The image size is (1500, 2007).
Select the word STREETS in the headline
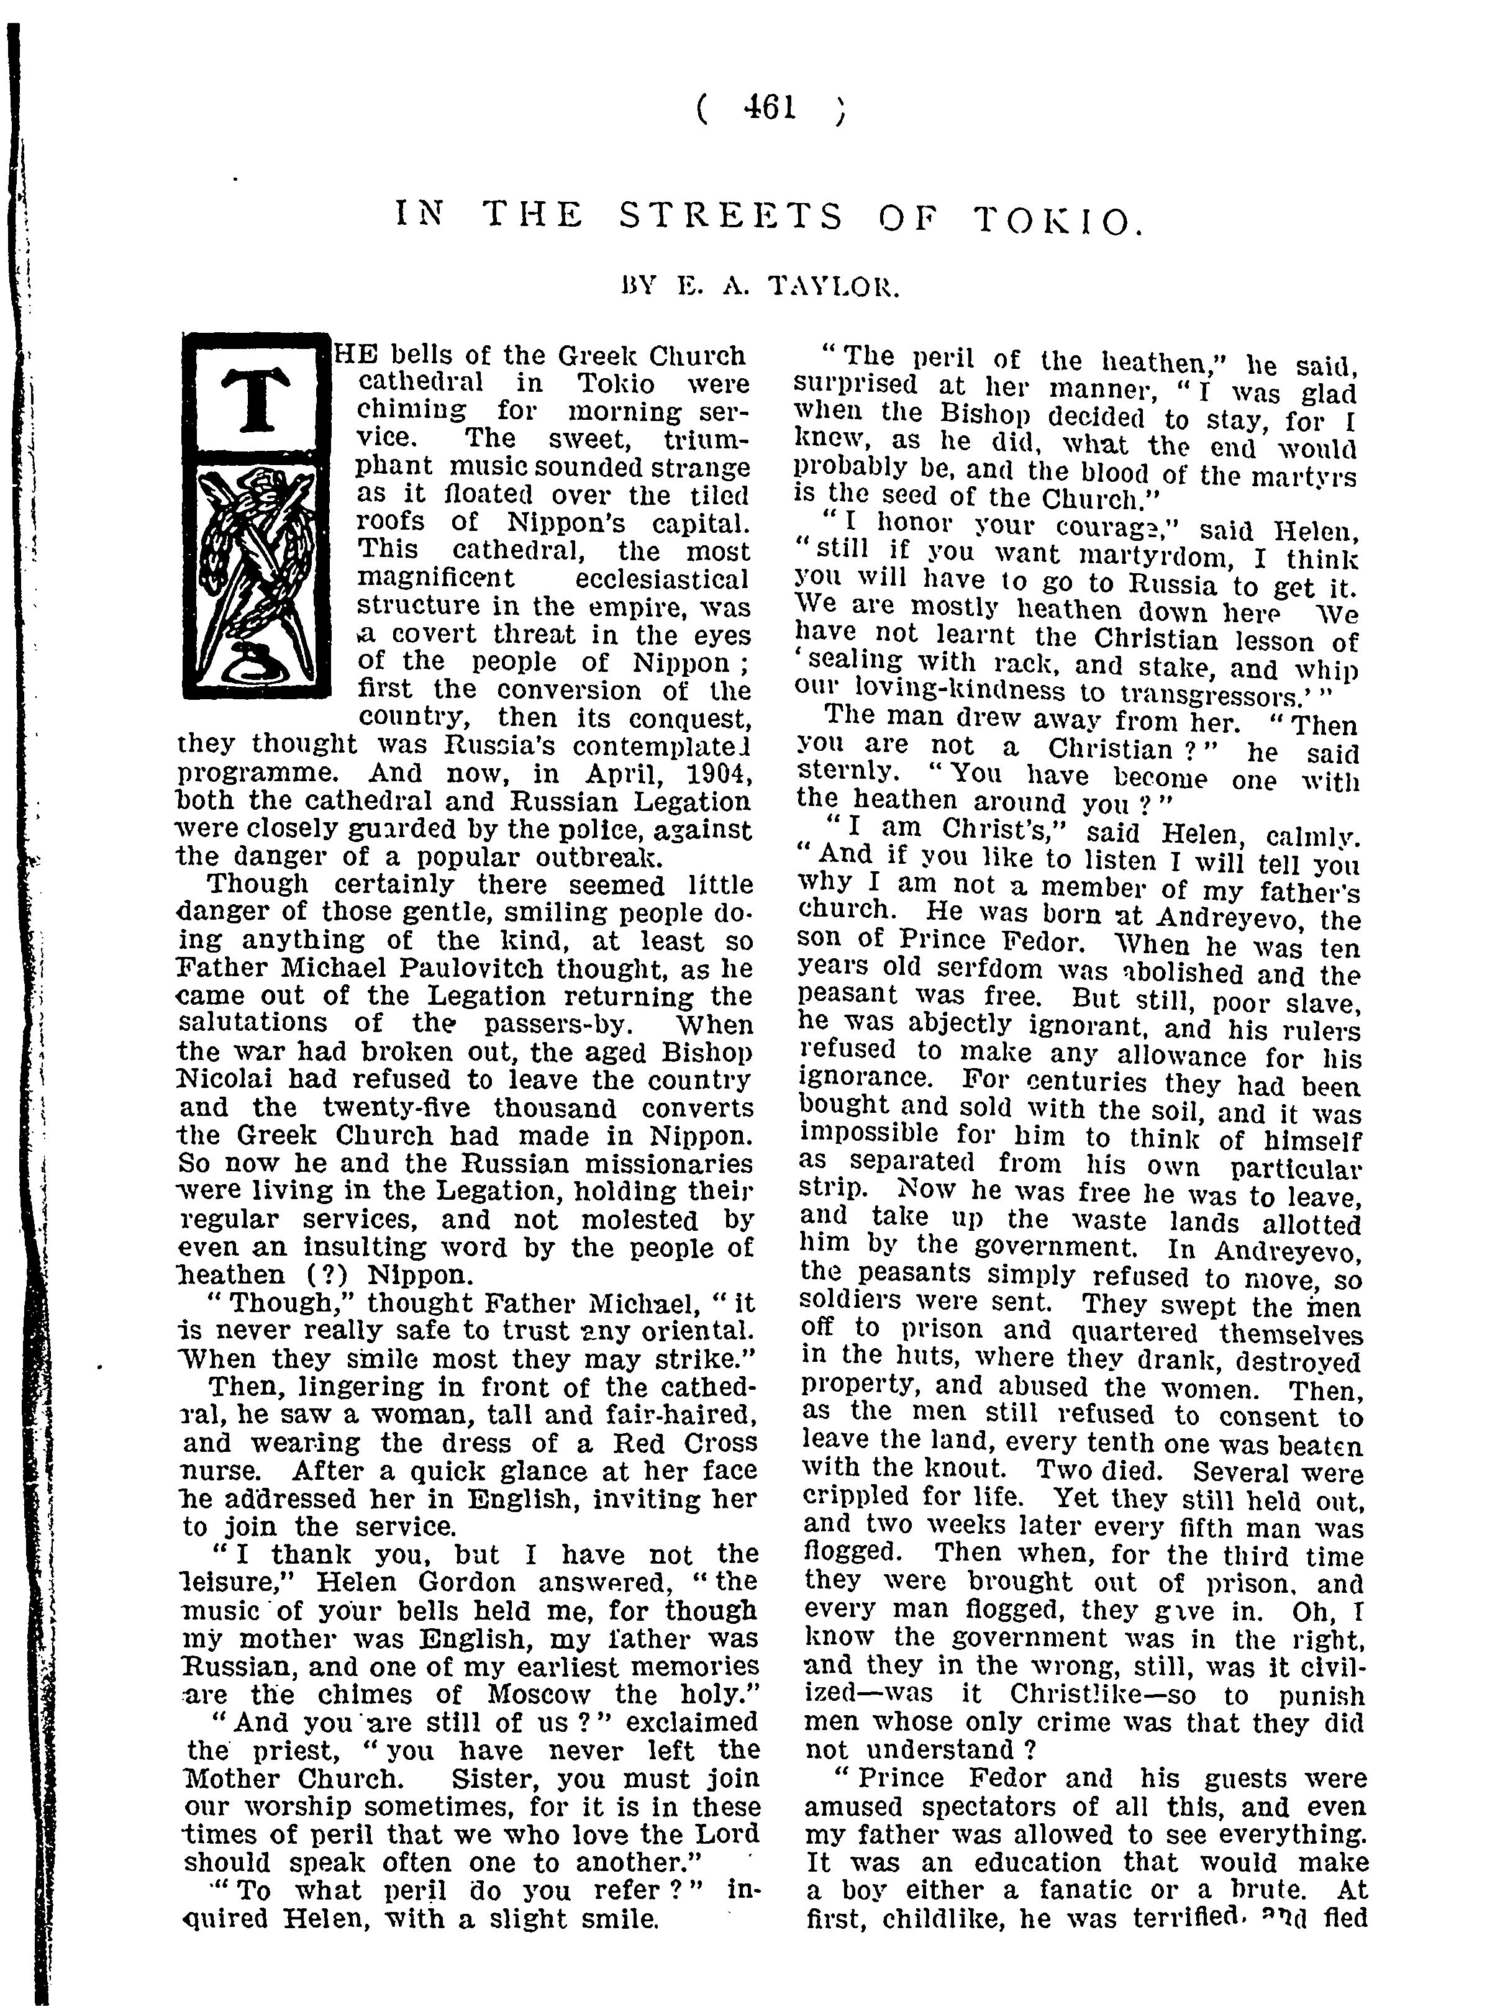[x=730, y=216]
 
